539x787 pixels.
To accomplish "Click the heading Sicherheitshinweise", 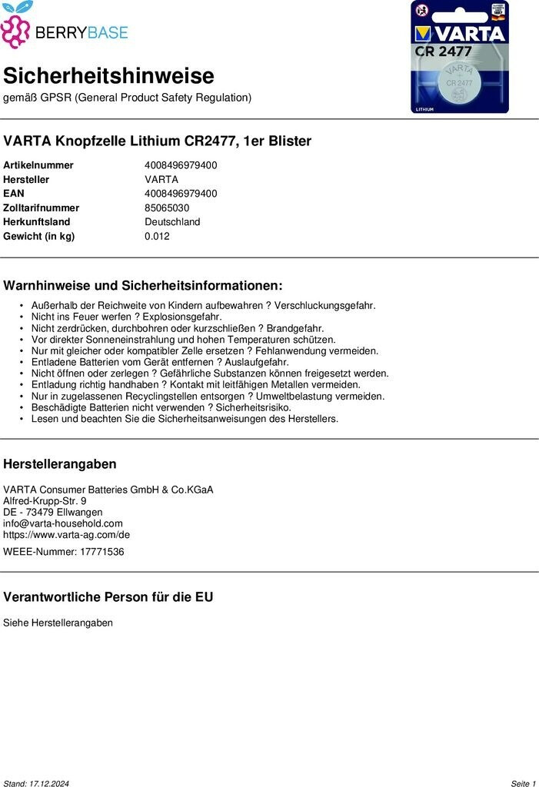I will click(x=108, y=76).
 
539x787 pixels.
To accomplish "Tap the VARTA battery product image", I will click(x=460, y=57).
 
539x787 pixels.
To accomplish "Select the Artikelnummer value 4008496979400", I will click(x=181, y=165).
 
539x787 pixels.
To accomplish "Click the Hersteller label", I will click(x=26, y=179).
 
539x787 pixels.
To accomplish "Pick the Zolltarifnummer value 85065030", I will click(x=167, y=208).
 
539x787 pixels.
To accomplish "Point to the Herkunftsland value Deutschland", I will click(x=172, y=222).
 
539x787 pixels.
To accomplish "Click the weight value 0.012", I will click(x=157, y=236).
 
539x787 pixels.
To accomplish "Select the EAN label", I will click(x=14, y=194).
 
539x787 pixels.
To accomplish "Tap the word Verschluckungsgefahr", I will click(x=325, y=305).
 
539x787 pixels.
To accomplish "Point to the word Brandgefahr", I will click(x=295, y=328).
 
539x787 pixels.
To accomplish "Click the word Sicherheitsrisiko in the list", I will click(x=253, y=407).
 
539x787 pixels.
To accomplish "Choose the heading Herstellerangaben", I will click(x=60, y=464).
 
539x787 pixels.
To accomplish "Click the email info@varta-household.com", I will click(x=63, y=523).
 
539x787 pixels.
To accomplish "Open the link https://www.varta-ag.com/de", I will click(x=67, y=535).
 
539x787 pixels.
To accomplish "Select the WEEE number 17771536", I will click(x=101, y=552).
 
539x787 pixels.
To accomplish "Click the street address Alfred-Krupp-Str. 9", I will click(x=45, y=501).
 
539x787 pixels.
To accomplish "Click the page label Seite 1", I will click(x=523, y=783).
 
